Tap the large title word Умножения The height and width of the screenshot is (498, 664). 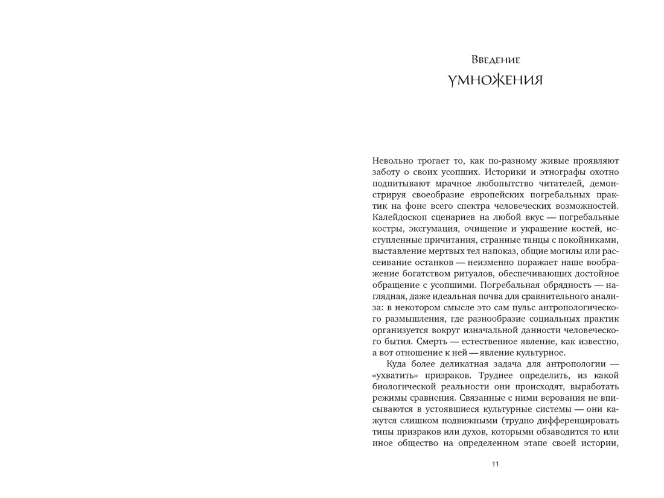(495, 80)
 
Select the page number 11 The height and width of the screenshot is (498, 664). (495, 464)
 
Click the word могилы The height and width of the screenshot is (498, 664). (564, 251)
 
